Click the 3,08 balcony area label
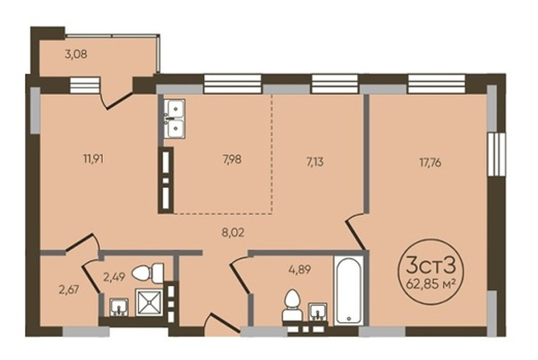coord(76,55)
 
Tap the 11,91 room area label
coord(93,159)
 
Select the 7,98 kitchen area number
coord(232,159)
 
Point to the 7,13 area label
coord(315,161)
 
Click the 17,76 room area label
coord(430,163)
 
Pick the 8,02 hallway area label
coord(233,233)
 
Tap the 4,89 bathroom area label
coord(299,269)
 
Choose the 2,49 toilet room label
coord(114,276)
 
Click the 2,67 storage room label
coord(69,290)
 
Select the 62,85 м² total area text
coord(430,284)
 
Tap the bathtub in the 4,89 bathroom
coord(348,290)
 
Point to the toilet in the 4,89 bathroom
coord(293,305)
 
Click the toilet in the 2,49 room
coord(148,273)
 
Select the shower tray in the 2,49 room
coord(149,302)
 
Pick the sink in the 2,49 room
coord(119,307)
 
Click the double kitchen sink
coord(174,118)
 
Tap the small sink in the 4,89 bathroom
coord(317,312)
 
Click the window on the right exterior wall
coord(496,155)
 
